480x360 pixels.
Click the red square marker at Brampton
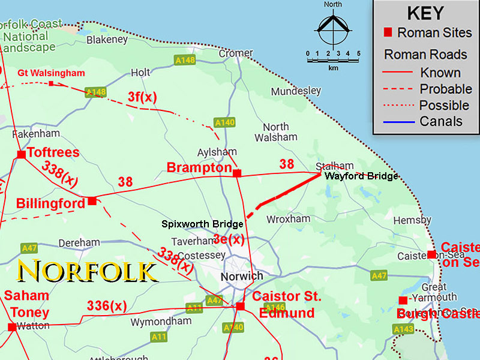point(237,173)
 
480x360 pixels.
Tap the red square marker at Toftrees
point(21,155)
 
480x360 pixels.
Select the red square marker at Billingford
point(92,201)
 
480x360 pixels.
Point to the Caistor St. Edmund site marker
point(241,306)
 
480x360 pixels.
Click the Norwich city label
point(242,276)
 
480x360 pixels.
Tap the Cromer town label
point(236,53)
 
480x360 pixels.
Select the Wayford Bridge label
point(361,176)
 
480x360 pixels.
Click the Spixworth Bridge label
point(202,224)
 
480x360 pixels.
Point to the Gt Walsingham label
point(51,73)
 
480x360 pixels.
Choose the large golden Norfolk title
point(88,271)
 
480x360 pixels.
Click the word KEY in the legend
point(425,13)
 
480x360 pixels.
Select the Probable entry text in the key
point(445,89)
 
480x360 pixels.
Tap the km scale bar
point(333,59)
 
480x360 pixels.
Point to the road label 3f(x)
point(142,97)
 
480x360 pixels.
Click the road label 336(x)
point(107,305)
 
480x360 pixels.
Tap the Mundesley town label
point(296,91)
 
